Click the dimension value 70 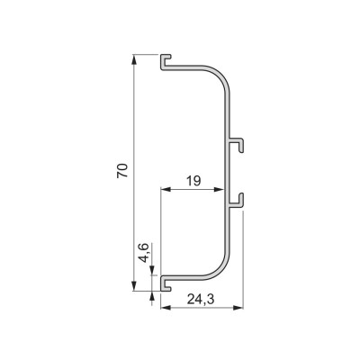point(122,171)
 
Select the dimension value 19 point(193,181)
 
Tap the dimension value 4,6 point(144,253)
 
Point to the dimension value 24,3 point(201,299)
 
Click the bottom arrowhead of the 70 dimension point(134,286)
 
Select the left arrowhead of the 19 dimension point(166,189)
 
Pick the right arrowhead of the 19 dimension point(220,189)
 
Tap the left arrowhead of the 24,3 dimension point(166,308)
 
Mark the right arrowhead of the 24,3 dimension point(238,308)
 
